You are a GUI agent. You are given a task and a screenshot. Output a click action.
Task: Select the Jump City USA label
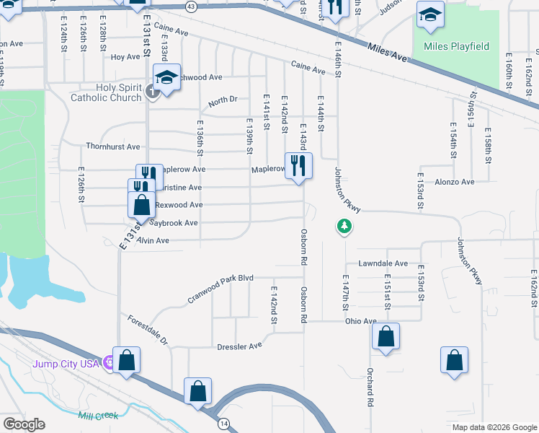(65, 363)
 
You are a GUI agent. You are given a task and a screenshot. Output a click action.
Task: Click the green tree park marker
(345, 227)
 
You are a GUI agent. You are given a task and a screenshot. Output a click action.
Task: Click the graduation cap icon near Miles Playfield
(431, 15)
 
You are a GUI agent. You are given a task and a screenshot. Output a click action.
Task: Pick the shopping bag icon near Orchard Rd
(386, 336)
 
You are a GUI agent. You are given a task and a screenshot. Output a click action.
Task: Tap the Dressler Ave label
(240, 346)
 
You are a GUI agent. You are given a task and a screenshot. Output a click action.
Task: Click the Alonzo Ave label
(454, 183)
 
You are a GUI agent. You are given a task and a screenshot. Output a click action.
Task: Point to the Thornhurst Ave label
(112, 146)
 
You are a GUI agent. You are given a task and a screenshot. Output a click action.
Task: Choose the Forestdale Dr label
(147, 329)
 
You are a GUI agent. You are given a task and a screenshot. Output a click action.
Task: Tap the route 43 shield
(190, 6)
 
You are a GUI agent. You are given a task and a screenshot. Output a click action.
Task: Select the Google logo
(24, 424)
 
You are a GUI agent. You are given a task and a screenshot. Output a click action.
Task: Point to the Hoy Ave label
(125, 57)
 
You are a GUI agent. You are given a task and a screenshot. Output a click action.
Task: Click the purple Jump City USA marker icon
(109, 362)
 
